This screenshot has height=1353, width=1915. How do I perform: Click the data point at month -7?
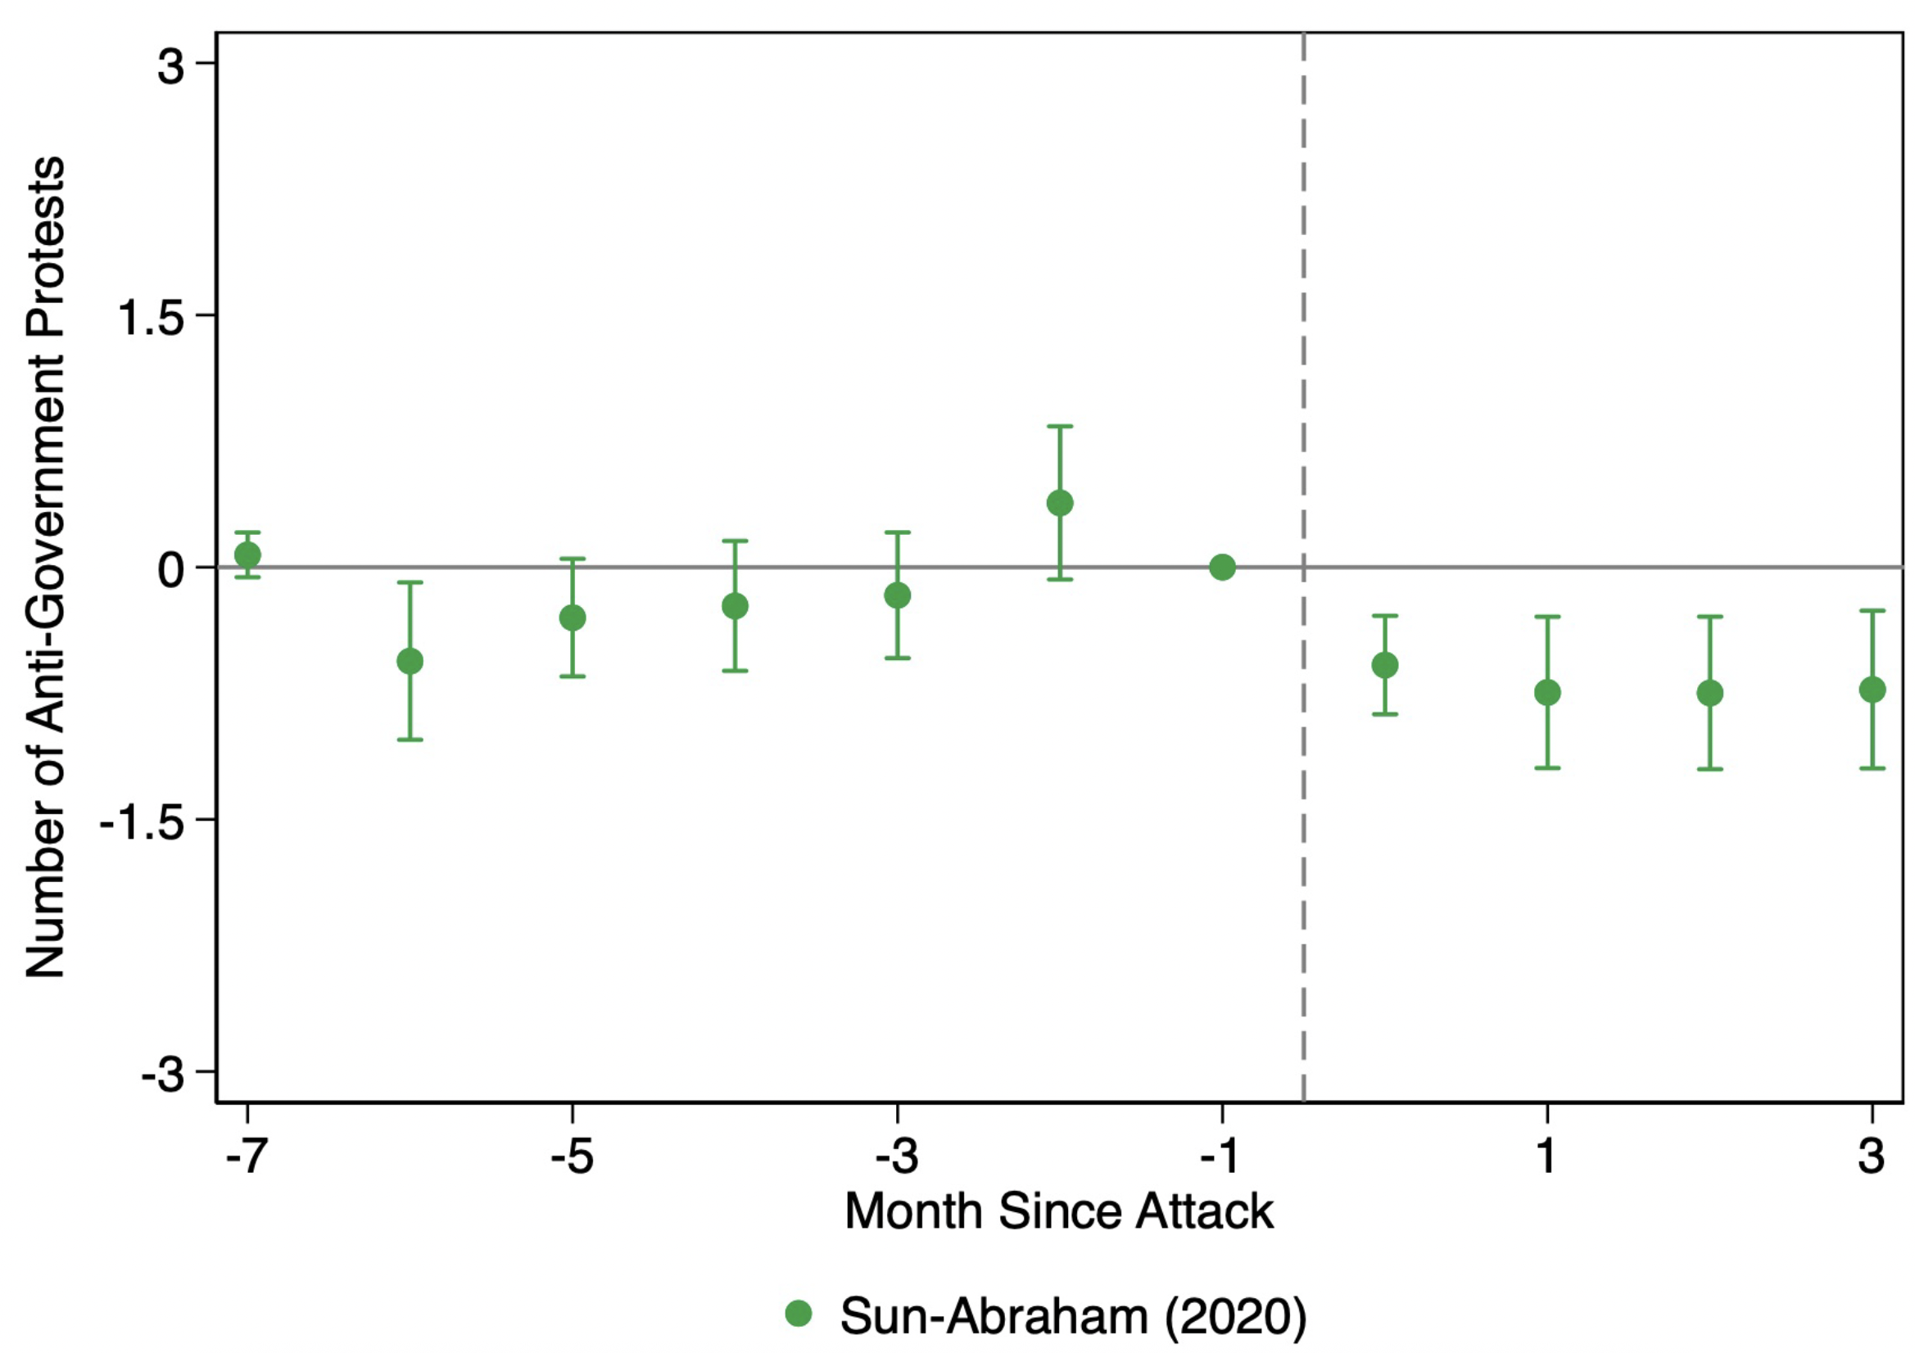tap(247, 554)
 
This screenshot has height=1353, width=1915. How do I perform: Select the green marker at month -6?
tap(410, 662)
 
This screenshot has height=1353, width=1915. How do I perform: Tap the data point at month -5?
tap(573, 618)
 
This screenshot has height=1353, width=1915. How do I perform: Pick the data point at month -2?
tap(1059, 503)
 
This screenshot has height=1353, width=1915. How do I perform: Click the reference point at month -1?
tap(1222, 568)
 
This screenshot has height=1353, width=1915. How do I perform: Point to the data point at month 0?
tap(1384, 665)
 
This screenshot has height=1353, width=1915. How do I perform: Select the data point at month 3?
tap(1872, 689)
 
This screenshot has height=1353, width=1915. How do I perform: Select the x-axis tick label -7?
tap(245, 1156)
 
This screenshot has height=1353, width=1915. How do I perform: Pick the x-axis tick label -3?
tap(896, 1156)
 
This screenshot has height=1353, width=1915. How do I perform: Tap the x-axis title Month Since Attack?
tap(1059, 1211)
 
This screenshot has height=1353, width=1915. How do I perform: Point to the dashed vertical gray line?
tap(1303, 568)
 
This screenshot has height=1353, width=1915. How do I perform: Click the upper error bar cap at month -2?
tap(1059, 426)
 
